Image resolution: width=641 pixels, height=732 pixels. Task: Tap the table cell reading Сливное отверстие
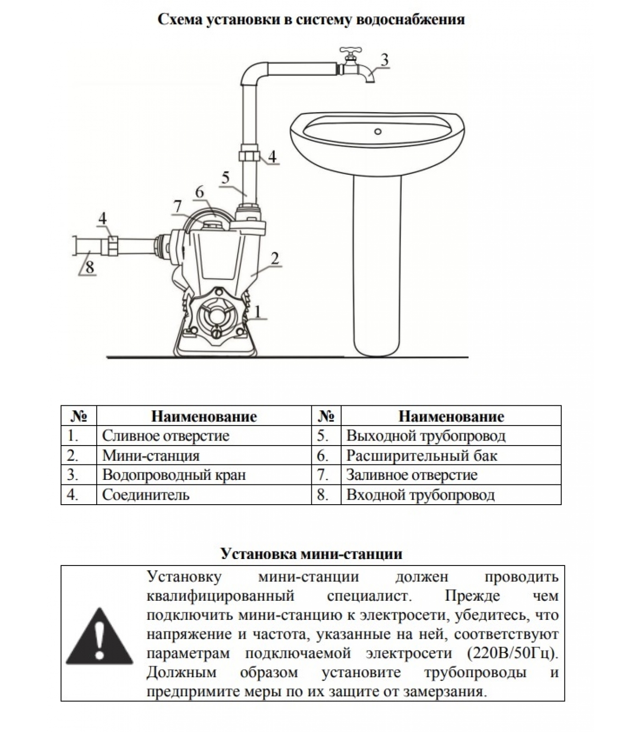coord(165,436)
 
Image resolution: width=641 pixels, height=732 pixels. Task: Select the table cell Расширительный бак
coord(421,456)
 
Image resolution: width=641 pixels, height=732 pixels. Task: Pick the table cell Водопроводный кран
coord(174,475)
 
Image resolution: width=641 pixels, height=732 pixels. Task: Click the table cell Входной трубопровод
coord(420,495)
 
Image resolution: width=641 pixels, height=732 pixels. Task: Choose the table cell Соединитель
coord(146,495)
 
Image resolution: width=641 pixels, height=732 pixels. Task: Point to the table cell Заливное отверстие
coord(412,475)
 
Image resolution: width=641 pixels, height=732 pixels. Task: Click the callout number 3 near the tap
coord(385,59)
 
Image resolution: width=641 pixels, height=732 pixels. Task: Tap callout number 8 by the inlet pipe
coord(90,267)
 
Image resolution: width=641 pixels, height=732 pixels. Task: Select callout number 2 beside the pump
coord(275,258)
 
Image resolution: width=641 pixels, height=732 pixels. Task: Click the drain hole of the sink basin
coord(378,132)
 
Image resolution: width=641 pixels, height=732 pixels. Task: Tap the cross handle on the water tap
coord(351,50)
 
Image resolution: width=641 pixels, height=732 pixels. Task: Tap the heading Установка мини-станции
coord(311,554)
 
